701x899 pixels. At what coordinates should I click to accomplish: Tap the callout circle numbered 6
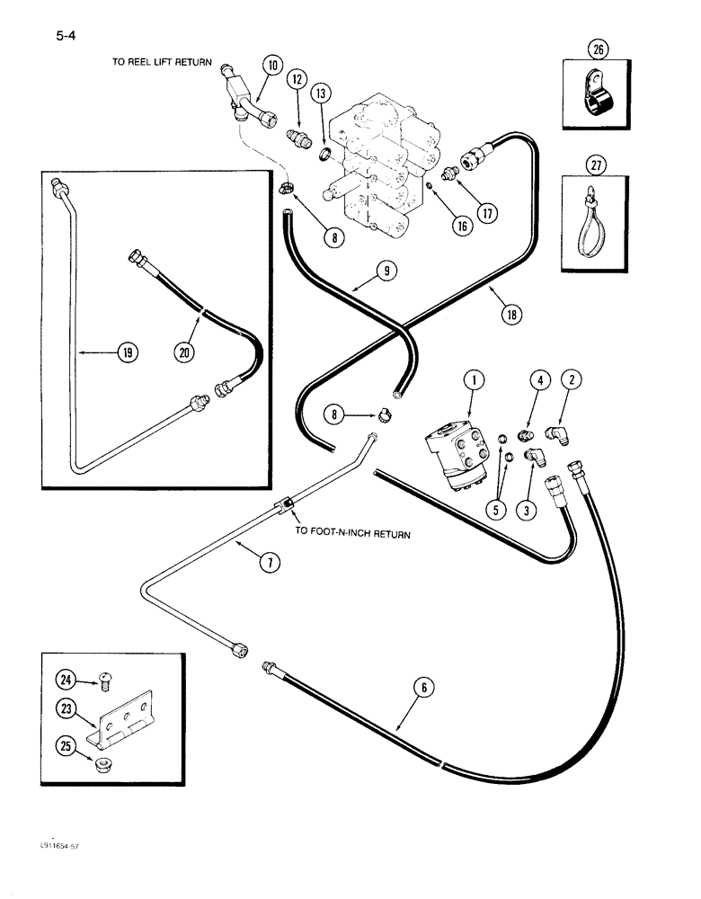[425, 690]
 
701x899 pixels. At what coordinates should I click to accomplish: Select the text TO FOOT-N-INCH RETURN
[352, 533]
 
